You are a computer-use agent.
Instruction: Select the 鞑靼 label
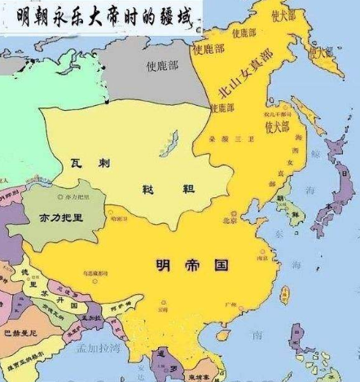point(170,190)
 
